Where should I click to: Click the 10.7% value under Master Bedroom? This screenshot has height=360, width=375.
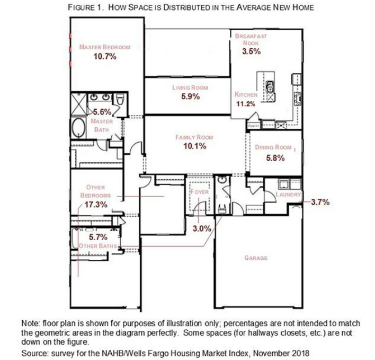pos(104,56)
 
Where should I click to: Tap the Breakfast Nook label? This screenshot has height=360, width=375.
pos(251,39)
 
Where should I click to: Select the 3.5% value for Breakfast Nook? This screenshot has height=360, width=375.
pos(251,51)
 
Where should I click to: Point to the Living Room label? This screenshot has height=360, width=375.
pos(190,87)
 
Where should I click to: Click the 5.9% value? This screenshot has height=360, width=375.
pos(190,96)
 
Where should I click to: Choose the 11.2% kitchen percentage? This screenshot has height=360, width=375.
pos(245,103)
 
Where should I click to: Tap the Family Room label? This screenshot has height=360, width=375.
pos(194,137)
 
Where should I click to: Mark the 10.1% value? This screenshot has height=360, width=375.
pos(194,146)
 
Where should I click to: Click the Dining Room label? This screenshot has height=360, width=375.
pos(273,147)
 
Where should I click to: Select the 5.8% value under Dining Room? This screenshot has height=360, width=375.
pos(275,157)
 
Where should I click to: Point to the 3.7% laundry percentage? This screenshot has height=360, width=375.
pos(320,202)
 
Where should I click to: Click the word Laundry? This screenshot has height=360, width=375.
pos(288,195)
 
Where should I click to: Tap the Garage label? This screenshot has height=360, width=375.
pos(256,258)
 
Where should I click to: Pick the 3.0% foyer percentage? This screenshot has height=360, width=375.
pos(201,229)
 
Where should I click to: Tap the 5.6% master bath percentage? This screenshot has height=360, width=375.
pos(102,112)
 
